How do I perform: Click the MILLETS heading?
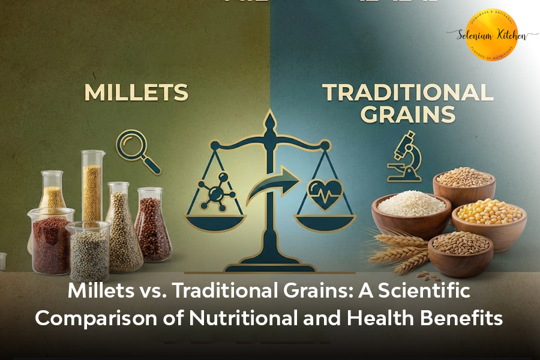[x=136, y=93]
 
